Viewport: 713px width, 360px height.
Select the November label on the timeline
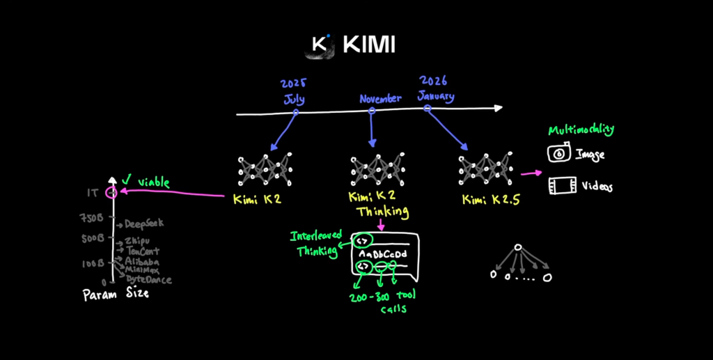tap(380, 99)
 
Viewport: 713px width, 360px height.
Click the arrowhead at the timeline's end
tap(497, 108)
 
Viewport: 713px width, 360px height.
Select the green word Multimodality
tap(581, 130)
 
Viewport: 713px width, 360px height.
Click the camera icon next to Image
tap(560, 153)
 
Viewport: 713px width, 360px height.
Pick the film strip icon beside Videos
tap(561, 185)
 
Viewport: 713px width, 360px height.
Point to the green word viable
tap(154, 182)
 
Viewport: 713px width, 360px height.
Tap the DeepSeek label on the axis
tap(144, 224)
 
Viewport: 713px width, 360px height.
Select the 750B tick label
tap(91, 219)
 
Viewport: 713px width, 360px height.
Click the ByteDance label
tap(148, 279)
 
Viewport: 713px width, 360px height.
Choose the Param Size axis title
tap(116, 295)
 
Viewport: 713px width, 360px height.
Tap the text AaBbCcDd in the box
tap(383, 255)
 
